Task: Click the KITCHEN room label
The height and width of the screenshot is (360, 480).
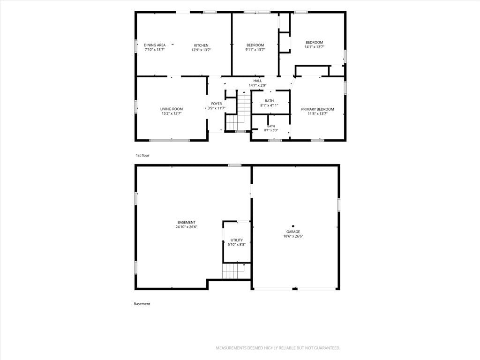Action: pyautogui.click(x=201, y=45)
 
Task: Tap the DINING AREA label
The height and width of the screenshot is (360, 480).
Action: pyautogui.click(x=155, y=45)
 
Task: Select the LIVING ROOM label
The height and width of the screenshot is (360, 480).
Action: pyautogui.click(x=172, y=109)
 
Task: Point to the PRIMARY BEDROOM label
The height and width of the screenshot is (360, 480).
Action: pyautogui.click(x=317, y=109)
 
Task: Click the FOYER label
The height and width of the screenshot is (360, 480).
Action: pyautogui.click(x=217, y=104)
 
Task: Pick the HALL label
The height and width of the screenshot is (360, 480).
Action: pyautogui.click(x=257, y=81)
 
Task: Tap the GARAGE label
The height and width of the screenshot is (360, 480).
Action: pyautogui.click(x=293, y=232)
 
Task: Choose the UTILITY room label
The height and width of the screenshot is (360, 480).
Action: pyautogui.click(x=237, y=240)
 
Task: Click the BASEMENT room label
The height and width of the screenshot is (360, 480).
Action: pyautogui.click(x=187, y=223)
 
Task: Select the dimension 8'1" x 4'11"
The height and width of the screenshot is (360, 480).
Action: pyautogui.click(x=269, y=105)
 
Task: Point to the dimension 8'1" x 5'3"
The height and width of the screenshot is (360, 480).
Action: pyautogui.click(x=271, y=130)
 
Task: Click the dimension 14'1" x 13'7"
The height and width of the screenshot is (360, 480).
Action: pyautogui.click(x=315, y=47)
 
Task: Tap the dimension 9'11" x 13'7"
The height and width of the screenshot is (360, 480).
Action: pyautogui.click(x=255, y=50)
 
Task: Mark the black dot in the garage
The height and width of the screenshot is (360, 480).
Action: pyautogui.click(x=293, y=226)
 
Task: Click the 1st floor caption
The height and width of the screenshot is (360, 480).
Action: pyautogui.click(x=142, y=156)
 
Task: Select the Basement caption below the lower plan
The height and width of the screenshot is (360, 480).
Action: pyautogui.click(x=142, y=304)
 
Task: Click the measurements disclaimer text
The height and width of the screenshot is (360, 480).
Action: pyautogui.click(x=278, y=348)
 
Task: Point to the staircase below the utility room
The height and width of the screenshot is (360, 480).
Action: pyautogui.click(x=233, y=271)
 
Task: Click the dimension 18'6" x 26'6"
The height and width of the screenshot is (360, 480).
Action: pyautogui.click(x=293, y=236)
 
